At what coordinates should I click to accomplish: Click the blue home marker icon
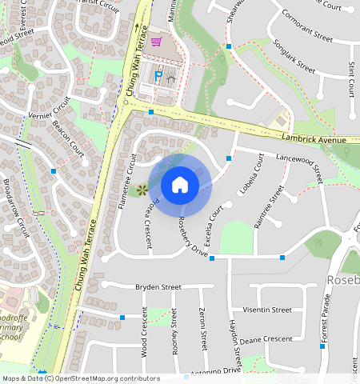(x=180, y=185)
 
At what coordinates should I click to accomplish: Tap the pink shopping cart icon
(x=157, y=42)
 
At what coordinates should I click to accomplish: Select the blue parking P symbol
(x=158, y=76)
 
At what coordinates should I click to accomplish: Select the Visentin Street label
(x=266, y=310)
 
